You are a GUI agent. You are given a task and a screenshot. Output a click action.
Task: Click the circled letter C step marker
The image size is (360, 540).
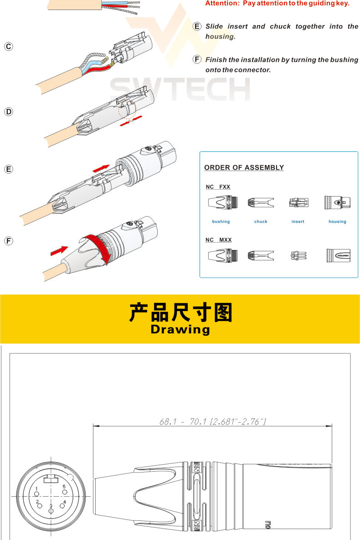coord(9,47)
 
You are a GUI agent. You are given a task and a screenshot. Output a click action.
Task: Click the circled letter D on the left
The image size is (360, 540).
coord(9,112)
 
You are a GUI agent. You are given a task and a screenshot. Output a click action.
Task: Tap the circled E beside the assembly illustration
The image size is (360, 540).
coord(9,169)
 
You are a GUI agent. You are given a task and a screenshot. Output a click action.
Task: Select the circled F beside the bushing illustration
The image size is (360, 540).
coord(9,241)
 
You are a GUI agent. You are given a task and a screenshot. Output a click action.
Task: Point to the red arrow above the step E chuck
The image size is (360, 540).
coord(101,168)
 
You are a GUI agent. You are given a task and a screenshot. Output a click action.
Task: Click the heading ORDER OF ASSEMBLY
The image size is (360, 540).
coord(244,168)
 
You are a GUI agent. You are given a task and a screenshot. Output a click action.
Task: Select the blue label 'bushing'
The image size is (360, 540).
coord(221,222)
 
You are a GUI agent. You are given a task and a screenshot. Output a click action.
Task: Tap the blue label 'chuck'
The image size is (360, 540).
coord(261,222)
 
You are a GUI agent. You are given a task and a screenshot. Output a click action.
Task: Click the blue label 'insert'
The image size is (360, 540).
coord(298,222)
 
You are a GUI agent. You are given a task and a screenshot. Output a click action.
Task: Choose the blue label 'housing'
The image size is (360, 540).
coord(337,222)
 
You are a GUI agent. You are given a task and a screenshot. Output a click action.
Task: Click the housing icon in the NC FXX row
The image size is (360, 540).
coord(337,202)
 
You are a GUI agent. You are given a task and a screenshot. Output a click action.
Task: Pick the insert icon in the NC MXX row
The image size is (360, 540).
coord(298,255)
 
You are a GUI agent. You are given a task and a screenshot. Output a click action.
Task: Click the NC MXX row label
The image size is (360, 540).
coord(219,240)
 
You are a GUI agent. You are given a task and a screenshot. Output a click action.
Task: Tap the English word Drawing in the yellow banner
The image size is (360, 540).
coord(180,329)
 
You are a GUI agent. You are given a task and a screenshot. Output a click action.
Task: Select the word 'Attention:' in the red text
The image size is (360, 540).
coord(222,4)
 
